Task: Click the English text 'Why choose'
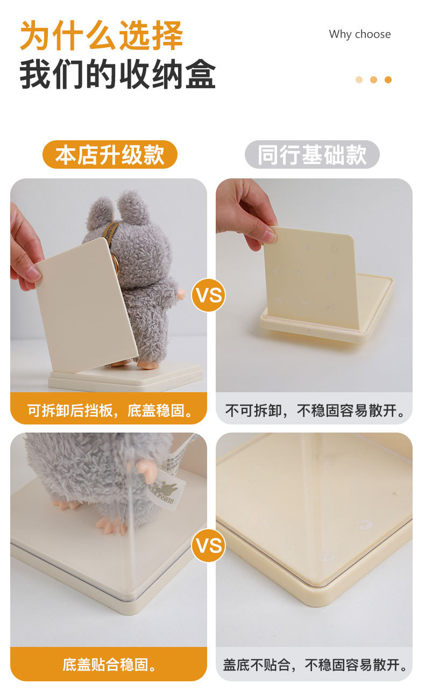(x=359, y=34)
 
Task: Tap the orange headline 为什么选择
(x=102, y=35)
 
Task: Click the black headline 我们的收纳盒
(x=117, y=74)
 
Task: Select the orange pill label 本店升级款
(x=110, y=155)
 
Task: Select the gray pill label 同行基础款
(x=312, y=155)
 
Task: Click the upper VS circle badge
(x=209, y=295)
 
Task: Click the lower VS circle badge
(x=209, y=545)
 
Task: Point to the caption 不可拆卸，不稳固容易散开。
(x=315, y=411)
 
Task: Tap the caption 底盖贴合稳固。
(x=110, y=665)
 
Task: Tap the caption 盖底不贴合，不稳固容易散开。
(x=315, y=665)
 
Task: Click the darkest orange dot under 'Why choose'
(x=388, y=80)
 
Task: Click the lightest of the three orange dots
(x=359, y=80)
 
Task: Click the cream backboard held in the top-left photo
(x=87, y=305)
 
